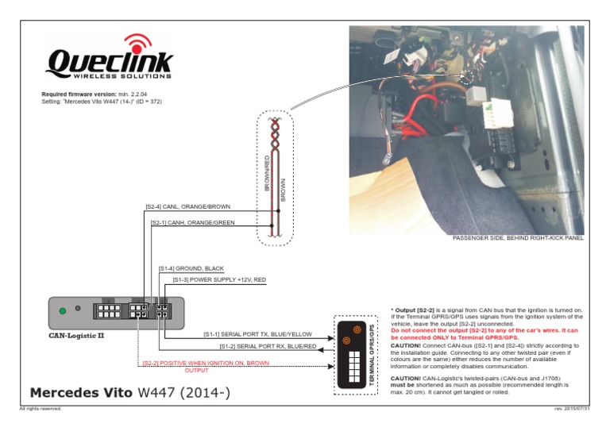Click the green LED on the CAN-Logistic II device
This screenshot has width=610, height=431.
click(63, 310)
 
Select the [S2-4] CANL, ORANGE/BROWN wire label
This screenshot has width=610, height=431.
click(187, 206)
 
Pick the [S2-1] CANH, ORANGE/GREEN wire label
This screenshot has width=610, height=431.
click(193, 222)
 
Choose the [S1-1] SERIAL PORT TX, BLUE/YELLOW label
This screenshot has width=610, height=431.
click(257, 334)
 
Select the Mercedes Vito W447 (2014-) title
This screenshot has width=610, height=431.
click(129, 392)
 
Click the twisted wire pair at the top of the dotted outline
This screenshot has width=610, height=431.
click(274, 134)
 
